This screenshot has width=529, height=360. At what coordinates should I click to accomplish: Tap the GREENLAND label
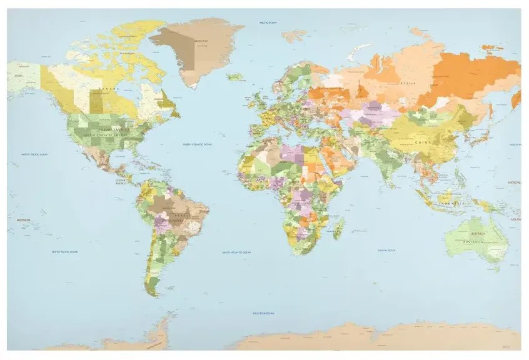201,41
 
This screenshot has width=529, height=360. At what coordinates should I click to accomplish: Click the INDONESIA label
451,204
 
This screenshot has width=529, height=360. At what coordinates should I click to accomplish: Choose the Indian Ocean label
386,250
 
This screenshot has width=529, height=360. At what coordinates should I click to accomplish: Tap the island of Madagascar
339,229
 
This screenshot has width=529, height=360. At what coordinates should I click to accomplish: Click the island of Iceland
235,77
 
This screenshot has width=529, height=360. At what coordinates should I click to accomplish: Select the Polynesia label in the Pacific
23,220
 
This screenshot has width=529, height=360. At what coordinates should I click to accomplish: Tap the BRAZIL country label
173,219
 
